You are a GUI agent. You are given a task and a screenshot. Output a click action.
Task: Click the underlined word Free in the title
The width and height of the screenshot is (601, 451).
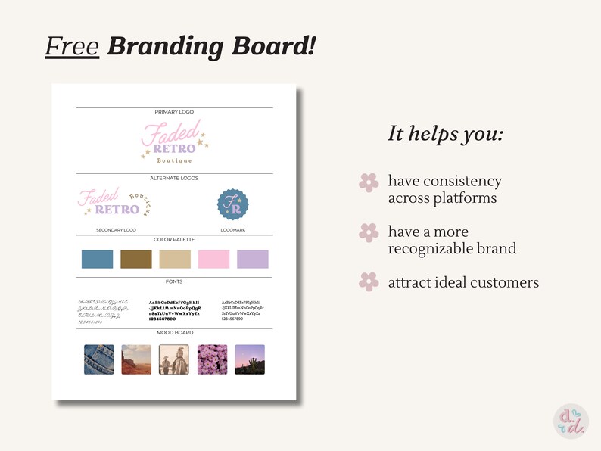click(x=72, y=47)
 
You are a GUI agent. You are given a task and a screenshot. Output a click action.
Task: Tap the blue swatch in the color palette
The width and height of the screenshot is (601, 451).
click(x=97, y=259)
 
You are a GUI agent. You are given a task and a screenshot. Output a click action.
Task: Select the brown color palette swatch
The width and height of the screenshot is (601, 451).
click(x=135, y=259)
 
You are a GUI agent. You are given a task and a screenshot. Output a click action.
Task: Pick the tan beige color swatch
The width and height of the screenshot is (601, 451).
click(x=175, y=259)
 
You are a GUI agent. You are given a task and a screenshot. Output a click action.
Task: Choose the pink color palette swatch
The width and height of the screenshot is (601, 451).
click(x=213, y=259)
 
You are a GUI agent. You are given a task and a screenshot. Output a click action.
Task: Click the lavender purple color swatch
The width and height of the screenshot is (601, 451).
click(x=252, y=259)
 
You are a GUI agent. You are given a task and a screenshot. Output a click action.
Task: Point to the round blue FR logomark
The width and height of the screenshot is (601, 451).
click(x=232, y=205)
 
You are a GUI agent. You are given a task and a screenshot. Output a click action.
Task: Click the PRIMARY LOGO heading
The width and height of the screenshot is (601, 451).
click(x=174, y=112)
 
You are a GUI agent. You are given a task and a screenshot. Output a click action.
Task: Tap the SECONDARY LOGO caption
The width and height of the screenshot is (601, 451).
click(x=116, y=229)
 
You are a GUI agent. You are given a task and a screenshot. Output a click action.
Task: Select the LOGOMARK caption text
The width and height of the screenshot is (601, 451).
click(x=232, y=229)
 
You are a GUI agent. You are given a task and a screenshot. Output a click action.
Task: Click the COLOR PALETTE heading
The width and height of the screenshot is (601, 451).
click(x=174, y=240)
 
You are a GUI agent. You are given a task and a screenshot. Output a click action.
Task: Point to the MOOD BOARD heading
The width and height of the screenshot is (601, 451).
click(x=174, y=333)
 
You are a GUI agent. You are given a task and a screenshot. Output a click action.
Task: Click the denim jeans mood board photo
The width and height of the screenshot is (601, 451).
click(x=98, y=359)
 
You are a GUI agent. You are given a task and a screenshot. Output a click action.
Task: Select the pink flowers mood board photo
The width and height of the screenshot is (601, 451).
click(x=212, y=359)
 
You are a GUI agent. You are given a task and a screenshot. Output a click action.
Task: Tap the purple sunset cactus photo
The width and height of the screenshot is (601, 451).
click(x=250, y=359)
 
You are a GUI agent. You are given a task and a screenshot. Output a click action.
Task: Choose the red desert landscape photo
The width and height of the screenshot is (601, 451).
click(x=136, y=359)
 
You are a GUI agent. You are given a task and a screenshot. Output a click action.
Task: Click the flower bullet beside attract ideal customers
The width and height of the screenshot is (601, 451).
click(x=369, y=282)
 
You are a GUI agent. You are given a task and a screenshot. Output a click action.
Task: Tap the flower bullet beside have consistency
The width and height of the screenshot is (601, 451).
click(x=369, y=182)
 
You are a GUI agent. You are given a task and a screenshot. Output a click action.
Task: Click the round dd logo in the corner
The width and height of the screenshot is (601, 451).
click(x=571, y=421)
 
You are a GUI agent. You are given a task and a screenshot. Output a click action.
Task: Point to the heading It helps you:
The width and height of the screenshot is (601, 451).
click(x=446, y=134)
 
